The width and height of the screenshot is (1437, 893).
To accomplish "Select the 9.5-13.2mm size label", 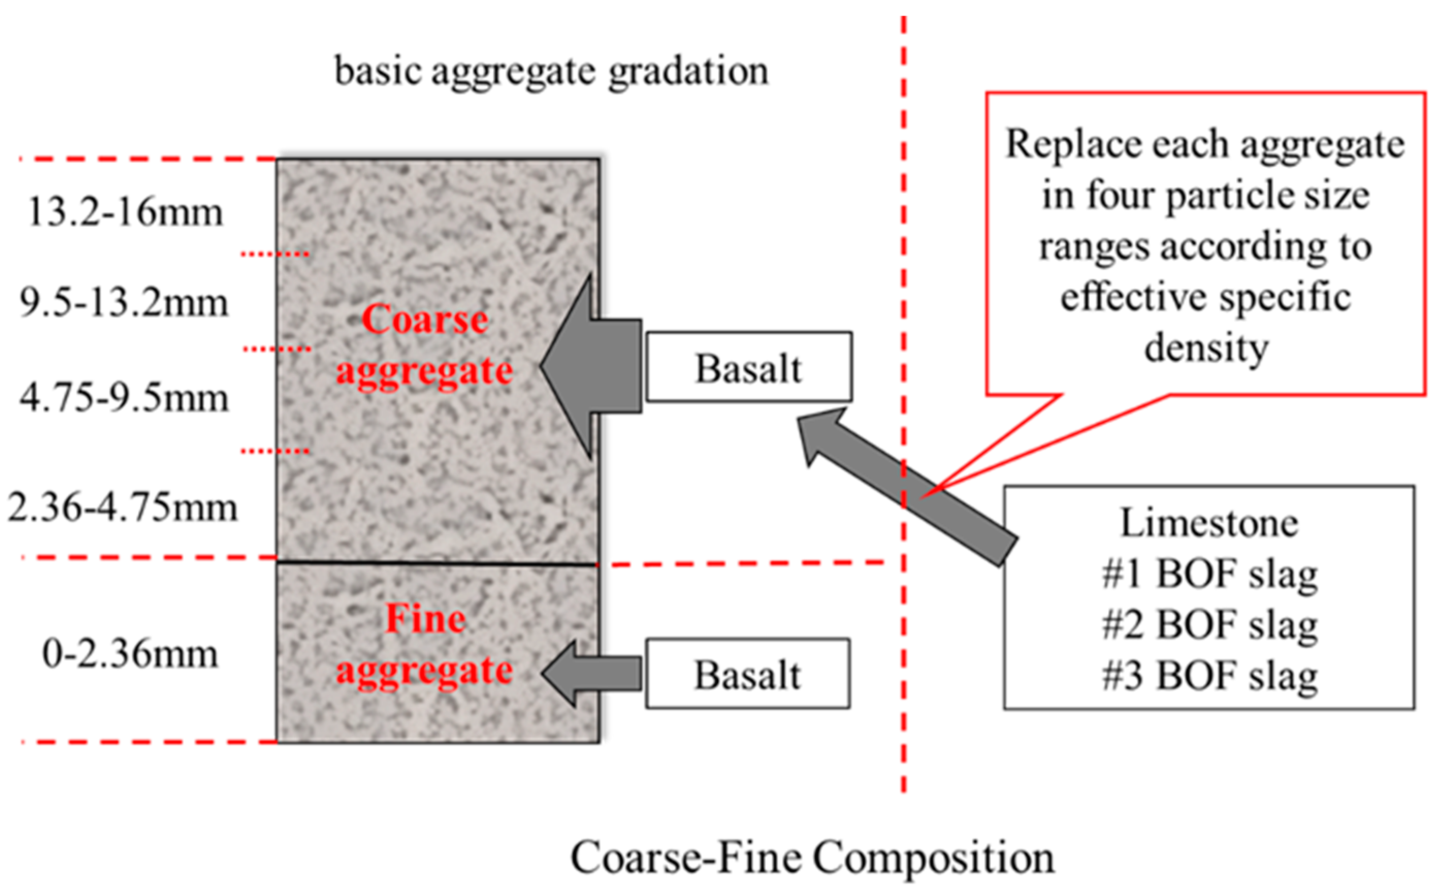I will click(123, 302).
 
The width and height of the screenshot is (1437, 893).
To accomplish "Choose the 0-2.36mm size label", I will click(130, 654).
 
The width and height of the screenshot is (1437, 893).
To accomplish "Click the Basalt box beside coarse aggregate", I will click(748, 368).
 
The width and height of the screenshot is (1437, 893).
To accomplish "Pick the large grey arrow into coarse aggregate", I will click(590, 366).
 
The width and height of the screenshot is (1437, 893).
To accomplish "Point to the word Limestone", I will click(1209, 523).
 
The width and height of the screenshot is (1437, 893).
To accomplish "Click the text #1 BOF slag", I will click(1209, 574).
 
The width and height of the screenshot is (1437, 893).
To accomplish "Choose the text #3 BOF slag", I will click(1209, 676).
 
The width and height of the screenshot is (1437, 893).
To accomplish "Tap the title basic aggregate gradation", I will click(552, 71).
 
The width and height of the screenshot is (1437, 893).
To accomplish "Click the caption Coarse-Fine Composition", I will click(812, 857).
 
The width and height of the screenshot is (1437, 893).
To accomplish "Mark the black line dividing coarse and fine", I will click(437, 565).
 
